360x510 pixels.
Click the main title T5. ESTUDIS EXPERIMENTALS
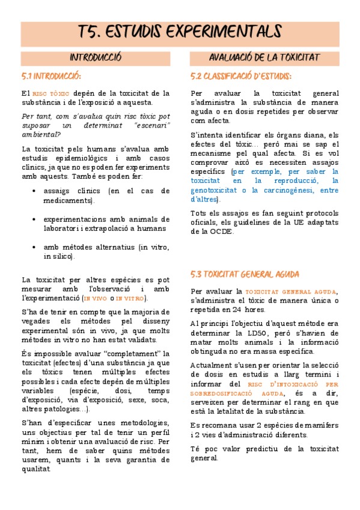(x=180, y=31)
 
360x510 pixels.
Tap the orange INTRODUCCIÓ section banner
(x=96, y=58)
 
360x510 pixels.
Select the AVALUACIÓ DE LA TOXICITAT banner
(x=264, y=58)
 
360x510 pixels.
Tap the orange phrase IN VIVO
(x=95, y=298)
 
